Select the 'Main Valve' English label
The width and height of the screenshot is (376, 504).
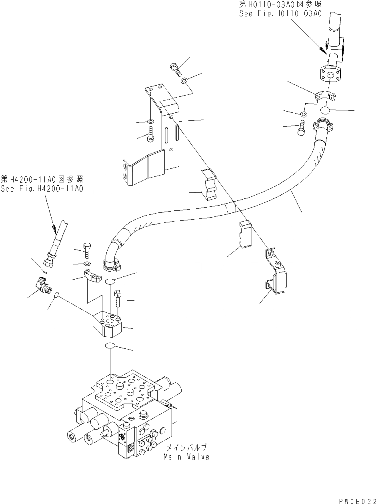pyautogui.click(x=186, y=457)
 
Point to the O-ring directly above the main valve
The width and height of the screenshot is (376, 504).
pyautogui.click(x=110, y=346)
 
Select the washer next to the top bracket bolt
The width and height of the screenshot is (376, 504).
pyautogui.click(x=184, y=81)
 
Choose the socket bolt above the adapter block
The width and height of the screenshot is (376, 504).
pyautogui.click(x=118, y=298)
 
